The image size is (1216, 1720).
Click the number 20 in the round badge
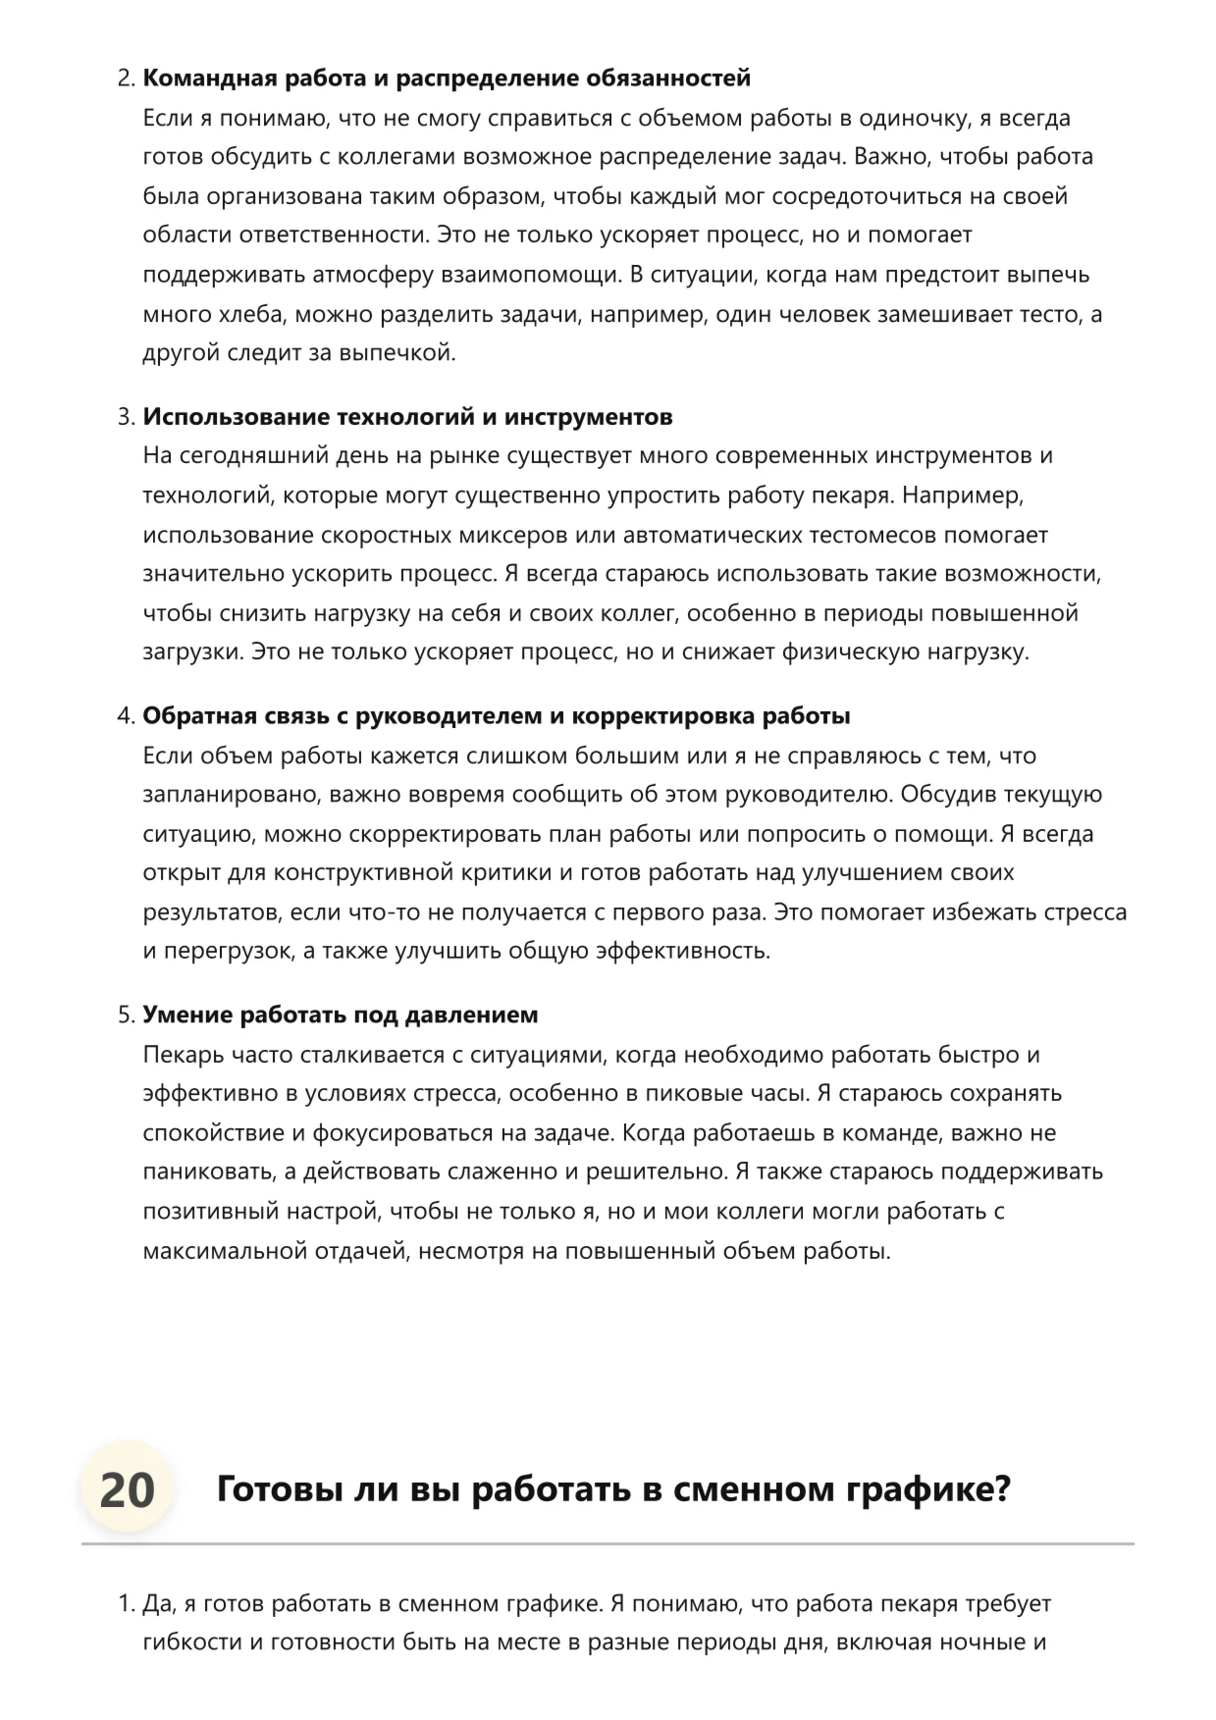click(x=128, y=1489)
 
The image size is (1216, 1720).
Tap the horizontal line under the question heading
click(x=608, y=1544)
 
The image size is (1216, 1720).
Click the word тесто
click(x=1055, y=314)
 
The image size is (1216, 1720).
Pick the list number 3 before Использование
click(x=125, y=417)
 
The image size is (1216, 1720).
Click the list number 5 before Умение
click(x=125, y=1015)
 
